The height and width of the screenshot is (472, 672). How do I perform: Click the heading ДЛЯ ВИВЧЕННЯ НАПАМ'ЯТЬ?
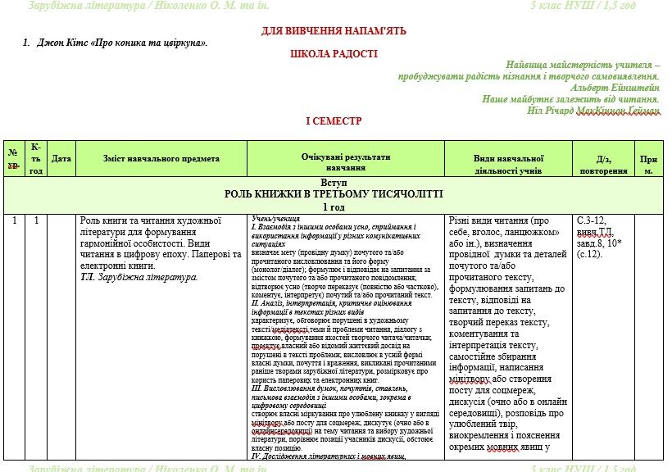tap(334, 30)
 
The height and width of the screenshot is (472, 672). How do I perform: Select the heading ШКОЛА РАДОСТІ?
tap(334, 53)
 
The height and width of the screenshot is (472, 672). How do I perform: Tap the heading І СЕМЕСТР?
tap(334, 120)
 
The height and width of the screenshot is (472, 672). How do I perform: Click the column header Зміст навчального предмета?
tap(161, 158)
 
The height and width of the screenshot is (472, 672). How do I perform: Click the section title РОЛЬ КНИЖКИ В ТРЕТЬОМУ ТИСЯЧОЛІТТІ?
tap(334, 195)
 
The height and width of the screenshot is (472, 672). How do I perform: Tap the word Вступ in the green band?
tap(334, 184)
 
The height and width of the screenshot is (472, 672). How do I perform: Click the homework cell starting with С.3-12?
tap(603, 237)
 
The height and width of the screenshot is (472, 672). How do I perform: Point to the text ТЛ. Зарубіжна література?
tap(139, 277)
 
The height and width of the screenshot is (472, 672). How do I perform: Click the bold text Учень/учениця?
tap(275, 219)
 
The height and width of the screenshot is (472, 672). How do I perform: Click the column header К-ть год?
tap(36, 158)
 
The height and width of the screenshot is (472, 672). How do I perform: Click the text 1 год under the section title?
tap(334, 207)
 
